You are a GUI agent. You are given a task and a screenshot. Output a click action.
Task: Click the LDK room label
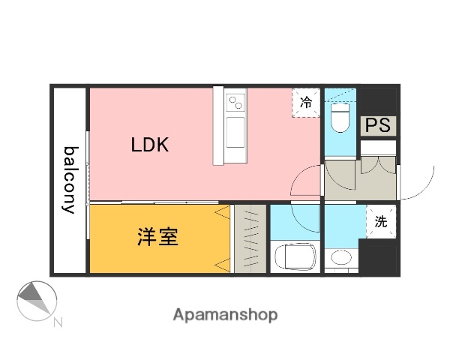(150, 145)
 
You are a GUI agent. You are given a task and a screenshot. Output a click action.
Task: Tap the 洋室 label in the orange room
(157, 236)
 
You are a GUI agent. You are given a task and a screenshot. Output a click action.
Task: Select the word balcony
(70, 179)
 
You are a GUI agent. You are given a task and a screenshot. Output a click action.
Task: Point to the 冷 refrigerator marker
(306, 103)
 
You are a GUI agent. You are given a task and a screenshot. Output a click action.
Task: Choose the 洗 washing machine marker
(380, 221)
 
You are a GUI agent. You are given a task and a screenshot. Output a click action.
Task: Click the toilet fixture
(340, 116)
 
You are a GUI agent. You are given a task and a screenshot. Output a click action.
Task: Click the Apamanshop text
(225, 315)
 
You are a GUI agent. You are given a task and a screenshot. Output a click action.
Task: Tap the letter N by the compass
(58, 323)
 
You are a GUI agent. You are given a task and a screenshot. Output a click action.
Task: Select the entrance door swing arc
(420, 184)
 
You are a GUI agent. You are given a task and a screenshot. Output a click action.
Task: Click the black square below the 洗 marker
(379, 257)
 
